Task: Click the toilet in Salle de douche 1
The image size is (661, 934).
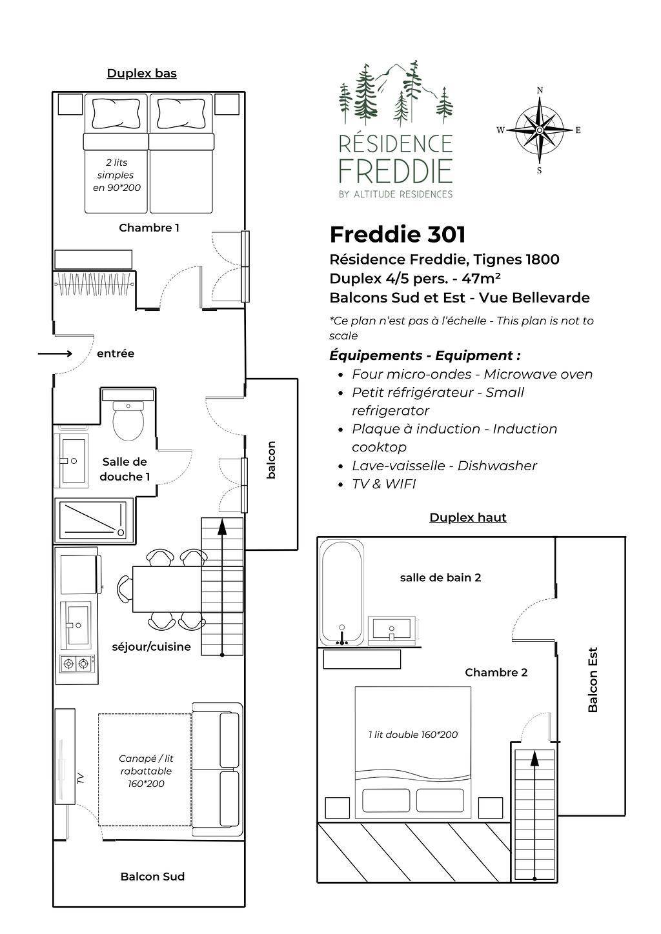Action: point(128,421)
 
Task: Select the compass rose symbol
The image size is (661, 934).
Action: point(539,130)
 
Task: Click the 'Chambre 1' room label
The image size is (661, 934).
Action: point(149,228)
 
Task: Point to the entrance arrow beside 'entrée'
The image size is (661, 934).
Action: point(55,354)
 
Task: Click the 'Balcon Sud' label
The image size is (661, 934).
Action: point(152,877)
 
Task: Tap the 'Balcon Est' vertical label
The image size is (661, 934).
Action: point(593,679)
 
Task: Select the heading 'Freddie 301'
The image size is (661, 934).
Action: point(397,234)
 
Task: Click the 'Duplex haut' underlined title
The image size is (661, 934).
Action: point(468,517)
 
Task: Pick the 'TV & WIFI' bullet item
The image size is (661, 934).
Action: point(384,484)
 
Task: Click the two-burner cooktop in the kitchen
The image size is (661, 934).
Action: point(77,663)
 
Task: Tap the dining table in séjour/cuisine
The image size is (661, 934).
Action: point(167,589)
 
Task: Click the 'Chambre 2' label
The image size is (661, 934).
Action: point(496,672)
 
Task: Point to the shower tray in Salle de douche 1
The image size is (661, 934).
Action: point(93,519)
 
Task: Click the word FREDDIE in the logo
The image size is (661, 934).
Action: point(396,171)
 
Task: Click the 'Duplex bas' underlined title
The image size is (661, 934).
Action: point(142,74)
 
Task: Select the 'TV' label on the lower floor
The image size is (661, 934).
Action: point(81,778)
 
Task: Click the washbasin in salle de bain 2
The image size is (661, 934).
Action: point(392,629)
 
